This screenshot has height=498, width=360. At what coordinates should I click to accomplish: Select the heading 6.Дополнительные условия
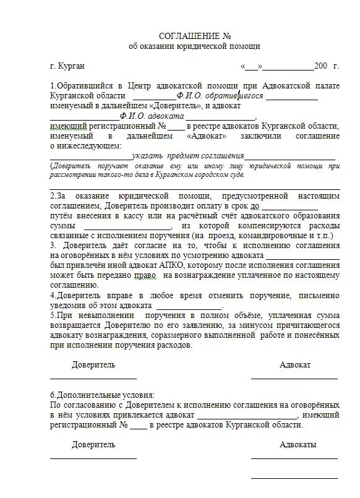(102, 395)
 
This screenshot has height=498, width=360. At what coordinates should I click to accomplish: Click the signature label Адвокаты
(298, 445)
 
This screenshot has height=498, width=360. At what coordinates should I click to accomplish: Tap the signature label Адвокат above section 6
(295, 365)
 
